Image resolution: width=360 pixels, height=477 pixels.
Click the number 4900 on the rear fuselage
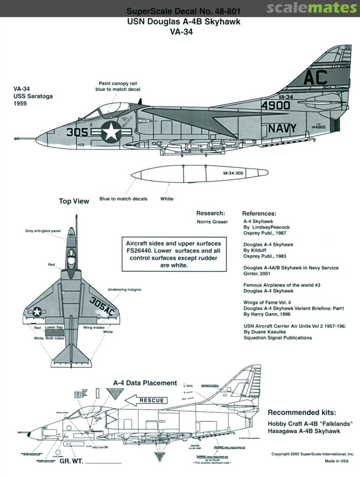click(275, 105)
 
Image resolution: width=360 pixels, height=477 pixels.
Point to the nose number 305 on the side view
click(77, 132)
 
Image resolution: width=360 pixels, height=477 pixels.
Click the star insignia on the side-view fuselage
click(110, 132)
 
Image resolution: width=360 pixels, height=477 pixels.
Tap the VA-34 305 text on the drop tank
click(233, 174)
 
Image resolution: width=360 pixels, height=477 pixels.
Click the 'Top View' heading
click(74, 201)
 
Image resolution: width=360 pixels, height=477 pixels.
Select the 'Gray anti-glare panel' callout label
click(43, 231)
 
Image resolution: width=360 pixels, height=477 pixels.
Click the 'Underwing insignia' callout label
click(125, 290)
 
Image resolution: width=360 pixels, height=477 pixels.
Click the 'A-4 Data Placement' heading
click(145, 383)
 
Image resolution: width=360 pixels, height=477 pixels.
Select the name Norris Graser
click(212, 222)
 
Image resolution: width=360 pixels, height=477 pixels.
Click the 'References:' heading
click(259, 213)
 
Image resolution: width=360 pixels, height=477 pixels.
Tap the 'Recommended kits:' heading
click(302, 413)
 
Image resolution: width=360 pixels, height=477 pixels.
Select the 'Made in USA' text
click(337, 461)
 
